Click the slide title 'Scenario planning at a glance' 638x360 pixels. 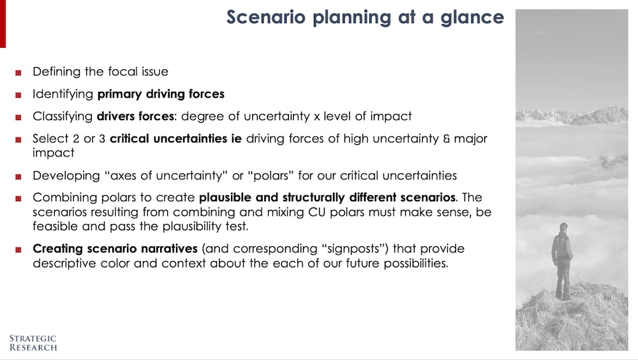[x=365, y=17]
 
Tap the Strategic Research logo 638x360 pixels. [x=33, y=343]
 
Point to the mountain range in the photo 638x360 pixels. [x=572, y=116]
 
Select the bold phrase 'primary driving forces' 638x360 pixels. [x=161, y=94]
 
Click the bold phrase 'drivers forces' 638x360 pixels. [x=135, y=116]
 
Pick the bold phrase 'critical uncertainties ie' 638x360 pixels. [x=176, y=139]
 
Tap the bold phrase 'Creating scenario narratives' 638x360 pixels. [x=115, y=249]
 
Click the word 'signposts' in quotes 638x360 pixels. [x=353, y=249]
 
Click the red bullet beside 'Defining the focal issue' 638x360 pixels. [x=19, y=73]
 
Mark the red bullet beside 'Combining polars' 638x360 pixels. [x=19, y=199]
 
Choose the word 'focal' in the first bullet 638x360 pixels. [x=123, y=71]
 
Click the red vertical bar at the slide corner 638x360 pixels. [x=3, y=24]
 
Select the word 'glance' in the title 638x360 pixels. [x=472, y=17]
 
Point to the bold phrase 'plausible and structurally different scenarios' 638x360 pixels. [x=327, y=198]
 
